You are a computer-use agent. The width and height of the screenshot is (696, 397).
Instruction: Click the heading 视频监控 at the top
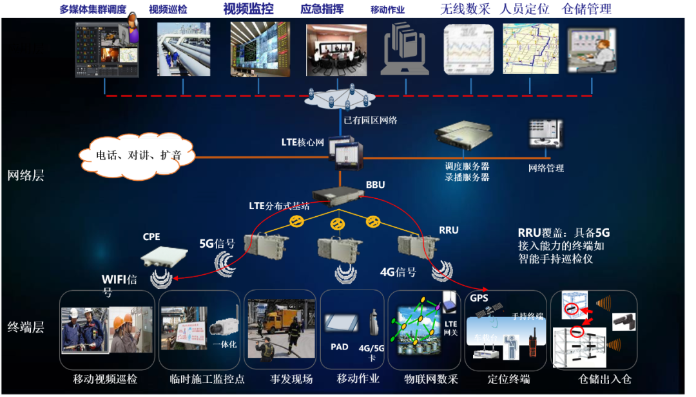(x=248, y=9)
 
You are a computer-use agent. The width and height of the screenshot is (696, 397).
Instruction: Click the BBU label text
(x=375, y=185)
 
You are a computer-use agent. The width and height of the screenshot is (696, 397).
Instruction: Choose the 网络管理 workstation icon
(x=544, y=137)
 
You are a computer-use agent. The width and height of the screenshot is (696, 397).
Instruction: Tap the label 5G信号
(x=217, y=245)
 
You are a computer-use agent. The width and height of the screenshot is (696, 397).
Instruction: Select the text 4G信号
(x=398, y=272)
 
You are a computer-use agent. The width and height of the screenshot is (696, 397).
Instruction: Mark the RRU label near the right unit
(x=449, y=230)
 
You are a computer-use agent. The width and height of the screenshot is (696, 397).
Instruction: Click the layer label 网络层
(x=26, y=175)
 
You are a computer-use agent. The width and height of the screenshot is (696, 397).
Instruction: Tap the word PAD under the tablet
(x=340, y=347)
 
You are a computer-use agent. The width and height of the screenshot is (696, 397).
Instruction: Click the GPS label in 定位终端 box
(x=479, y=299)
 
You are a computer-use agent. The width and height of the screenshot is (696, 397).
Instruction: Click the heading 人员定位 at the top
(x=525, y=9)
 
